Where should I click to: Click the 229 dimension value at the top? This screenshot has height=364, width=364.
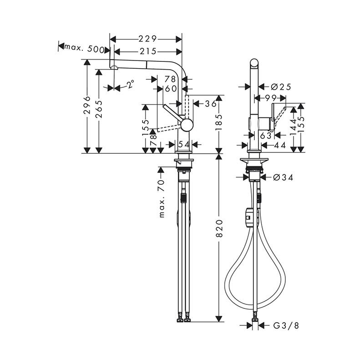148,39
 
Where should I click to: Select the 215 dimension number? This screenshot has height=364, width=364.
148,51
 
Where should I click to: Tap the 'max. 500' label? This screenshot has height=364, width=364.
84,48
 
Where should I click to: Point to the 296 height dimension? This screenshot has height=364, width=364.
87,105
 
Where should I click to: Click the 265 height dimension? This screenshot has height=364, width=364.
99,109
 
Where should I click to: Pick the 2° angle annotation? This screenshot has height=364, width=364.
131,84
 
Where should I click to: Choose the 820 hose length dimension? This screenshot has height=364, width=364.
219,228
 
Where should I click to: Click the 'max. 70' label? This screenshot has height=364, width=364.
162,199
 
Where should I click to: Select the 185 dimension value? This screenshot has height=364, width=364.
219,122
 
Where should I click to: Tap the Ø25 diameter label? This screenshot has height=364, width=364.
281,87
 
